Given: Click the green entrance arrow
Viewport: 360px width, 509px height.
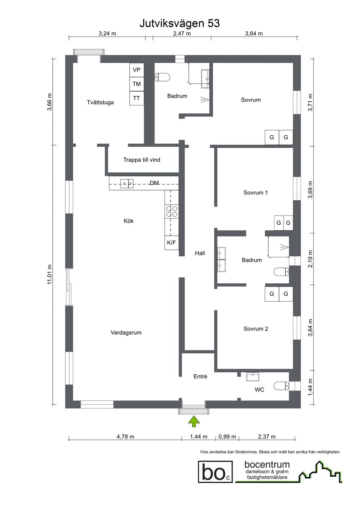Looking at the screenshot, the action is click(194, 421).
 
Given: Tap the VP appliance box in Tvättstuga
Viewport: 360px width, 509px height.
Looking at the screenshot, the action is click(137, 70).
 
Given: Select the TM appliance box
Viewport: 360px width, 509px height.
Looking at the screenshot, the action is click(137, 84).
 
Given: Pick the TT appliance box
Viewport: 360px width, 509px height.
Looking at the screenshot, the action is click(137, 98).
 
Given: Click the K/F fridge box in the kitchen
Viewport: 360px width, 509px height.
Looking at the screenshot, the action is click(172, 243).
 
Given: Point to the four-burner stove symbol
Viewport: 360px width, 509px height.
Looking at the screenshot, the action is click(172, 211).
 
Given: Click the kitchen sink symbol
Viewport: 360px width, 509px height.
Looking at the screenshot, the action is click(127, 183).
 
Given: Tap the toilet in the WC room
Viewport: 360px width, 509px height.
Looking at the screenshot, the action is click(281, 386).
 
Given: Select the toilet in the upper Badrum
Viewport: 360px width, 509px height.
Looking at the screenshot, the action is click(162, 77).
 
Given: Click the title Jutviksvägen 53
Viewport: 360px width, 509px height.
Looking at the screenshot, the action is click(180, 24).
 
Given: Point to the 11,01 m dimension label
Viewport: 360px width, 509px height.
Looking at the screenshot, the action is click(50, 274).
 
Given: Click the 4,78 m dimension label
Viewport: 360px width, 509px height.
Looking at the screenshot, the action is click(125, 437).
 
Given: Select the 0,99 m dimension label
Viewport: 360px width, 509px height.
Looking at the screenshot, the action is click(227, 437).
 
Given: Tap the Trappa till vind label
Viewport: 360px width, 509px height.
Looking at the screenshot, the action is click(142, 160).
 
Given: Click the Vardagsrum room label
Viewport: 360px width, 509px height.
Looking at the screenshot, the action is click(126, 333).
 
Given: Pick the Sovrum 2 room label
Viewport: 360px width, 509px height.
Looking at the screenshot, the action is click(256, 329).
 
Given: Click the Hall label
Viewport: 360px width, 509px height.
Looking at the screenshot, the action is click(200, 253).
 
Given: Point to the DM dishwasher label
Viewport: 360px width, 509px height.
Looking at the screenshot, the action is click(154, 183).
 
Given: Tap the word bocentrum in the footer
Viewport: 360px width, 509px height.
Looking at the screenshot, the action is click(267, 465).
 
